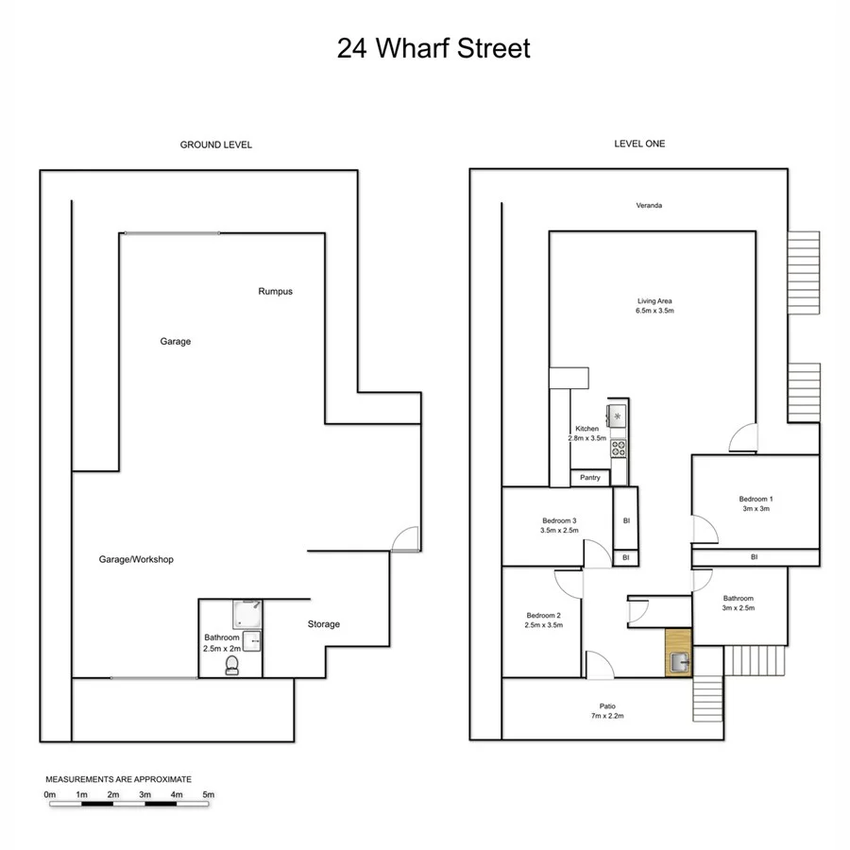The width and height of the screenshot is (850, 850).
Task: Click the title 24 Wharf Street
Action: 433,49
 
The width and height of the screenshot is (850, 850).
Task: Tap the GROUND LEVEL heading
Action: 216,144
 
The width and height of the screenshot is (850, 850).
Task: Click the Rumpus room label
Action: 275,292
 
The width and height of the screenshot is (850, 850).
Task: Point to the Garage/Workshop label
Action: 136,560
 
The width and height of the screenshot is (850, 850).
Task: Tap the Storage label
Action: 323,624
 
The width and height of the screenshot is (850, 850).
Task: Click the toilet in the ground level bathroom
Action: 232,667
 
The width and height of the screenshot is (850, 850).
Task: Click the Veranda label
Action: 648,205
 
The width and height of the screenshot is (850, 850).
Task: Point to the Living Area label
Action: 654,300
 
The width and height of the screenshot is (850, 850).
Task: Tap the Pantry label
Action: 590,478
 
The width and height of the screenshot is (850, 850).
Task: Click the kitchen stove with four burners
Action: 619,449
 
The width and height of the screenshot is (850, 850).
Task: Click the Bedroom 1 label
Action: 755,499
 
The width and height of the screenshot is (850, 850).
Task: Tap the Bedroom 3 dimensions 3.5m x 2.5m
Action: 559,531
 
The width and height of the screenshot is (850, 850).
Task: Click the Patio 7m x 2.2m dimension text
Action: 607,717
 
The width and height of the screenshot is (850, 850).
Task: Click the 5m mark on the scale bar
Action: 209,795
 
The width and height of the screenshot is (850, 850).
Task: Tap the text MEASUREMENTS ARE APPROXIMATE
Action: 119,779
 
